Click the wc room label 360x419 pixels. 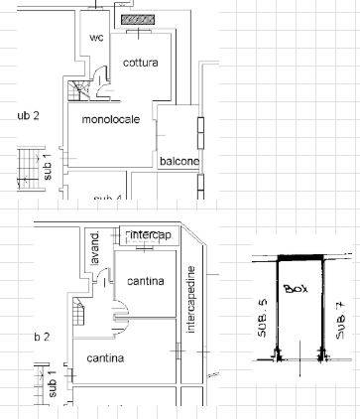[96, 38]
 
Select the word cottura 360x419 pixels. [141, 64]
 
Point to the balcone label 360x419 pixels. [180, 161]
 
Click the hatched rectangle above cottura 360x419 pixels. [137, 19]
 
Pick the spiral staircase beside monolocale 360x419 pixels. [78, 91]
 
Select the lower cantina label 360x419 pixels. [104, 356]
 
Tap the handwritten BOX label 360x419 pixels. [295, 289]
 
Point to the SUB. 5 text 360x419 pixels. [263, 318]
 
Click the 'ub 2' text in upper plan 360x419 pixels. [27, 116]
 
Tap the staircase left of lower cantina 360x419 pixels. [77, 316]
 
